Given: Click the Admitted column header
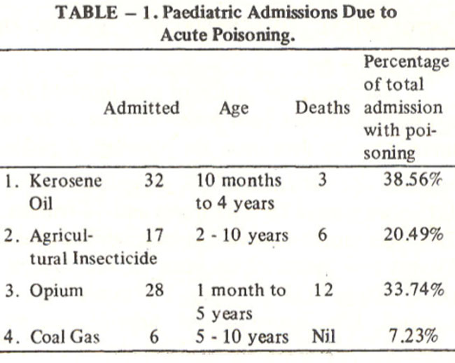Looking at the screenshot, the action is pos(141,108).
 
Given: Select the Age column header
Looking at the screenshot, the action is pos(234,109).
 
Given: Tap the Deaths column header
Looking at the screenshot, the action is pos(323,108).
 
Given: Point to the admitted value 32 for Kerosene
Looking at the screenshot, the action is pos(154,180).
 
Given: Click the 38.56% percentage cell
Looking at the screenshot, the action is pos(413,180).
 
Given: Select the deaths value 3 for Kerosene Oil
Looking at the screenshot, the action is pos(323,180).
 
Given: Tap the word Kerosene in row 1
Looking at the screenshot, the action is pos(66,180).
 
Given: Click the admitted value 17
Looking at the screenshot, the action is pos(154,235).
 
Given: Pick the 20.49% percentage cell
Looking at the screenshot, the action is pos(414,235).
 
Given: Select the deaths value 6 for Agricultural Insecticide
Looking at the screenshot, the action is pos(323,235).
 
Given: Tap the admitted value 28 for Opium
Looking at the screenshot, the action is pos(155,290).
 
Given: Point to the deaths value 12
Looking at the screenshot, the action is pos(323,290).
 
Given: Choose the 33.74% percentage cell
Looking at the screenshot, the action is pos(414,290).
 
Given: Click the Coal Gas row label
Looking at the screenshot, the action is pos(64,337).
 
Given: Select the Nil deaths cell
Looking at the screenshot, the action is pos(323,336).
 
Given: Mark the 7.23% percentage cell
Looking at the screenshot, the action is pos(413,336).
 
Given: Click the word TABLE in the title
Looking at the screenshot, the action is pos(87,13).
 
